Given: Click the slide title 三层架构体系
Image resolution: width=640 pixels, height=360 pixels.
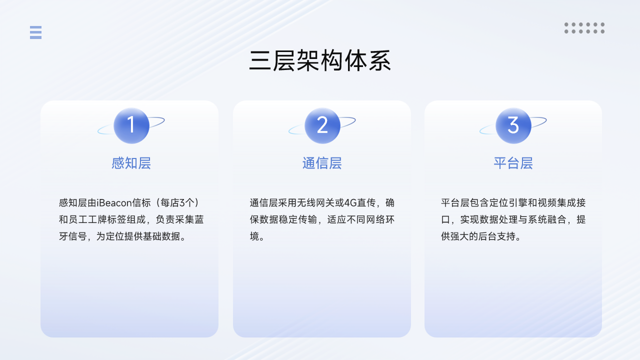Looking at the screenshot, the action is [320, 60].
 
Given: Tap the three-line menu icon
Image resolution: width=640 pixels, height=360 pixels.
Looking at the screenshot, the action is [35, 32].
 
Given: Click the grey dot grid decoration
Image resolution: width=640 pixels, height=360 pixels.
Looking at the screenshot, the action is [584, 28].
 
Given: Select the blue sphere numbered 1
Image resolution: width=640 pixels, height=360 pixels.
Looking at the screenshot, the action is [131, 125].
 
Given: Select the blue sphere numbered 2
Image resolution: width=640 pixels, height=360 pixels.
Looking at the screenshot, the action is [322, 125].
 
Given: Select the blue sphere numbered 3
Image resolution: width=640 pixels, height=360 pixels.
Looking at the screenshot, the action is [513, 125].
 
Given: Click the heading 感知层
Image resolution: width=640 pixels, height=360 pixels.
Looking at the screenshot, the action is [131, 163].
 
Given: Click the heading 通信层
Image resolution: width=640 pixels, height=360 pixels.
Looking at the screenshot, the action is [322, 163].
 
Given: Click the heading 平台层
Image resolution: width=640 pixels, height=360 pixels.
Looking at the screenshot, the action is [513, 163].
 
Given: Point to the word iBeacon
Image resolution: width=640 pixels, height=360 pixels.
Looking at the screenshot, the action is [114, 203].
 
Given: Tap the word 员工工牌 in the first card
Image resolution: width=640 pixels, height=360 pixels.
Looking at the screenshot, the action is [87, 219].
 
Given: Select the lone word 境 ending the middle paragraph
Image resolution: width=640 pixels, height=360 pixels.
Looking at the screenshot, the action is [254, 236].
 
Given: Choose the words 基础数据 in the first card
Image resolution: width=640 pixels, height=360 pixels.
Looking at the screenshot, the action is [161, 236].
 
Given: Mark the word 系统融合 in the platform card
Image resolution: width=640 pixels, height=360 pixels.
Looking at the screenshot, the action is [547, 219].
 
